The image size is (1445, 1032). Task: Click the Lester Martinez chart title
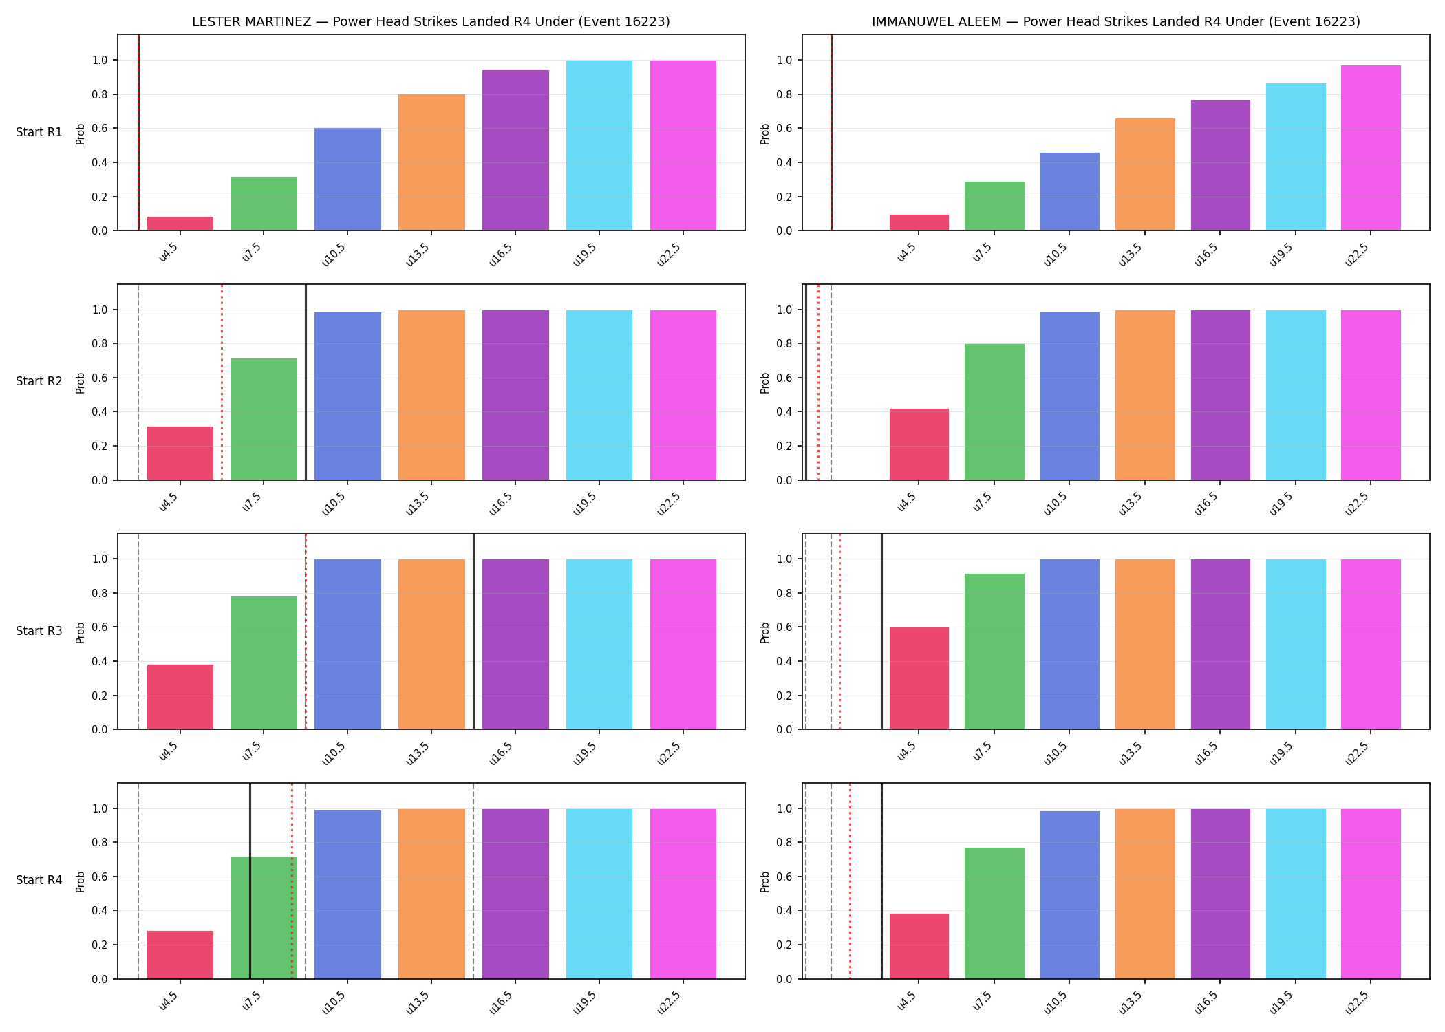(x=431, y=21)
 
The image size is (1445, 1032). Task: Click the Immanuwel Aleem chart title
(x=1116, y=21)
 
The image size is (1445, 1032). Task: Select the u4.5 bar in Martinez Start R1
(x=180, y=224)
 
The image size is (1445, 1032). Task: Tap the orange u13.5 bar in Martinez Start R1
(x=431, y=162)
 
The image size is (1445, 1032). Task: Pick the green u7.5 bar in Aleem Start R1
(x=994, y=206)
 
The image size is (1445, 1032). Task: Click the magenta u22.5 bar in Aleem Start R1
(x=1371, y=148)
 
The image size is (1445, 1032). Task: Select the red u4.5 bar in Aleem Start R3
(x=919, y=678)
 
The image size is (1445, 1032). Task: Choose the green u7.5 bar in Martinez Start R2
(x=264, y=419)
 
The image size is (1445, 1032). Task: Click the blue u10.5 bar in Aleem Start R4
(x=1070, y=895)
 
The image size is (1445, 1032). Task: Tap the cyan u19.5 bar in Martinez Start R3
(x=599, y=644)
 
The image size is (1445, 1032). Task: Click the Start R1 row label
(x=39, y=132)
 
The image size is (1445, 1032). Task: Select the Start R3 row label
(x=39, y=631)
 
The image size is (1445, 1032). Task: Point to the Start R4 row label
(x=39, y=880)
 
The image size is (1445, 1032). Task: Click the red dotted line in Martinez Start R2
(x=222, y=382)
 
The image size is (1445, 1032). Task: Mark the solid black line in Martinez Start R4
(x=250, y=881)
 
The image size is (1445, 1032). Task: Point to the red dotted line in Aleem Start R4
(x=850, y=881)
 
